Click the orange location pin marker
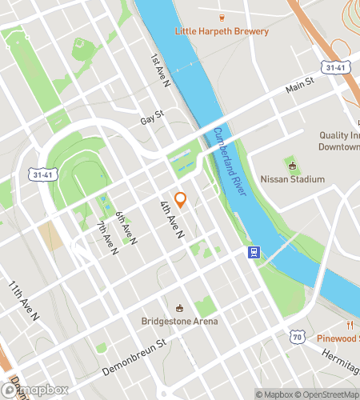click(x=180, y=200)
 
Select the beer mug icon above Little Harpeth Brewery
click(x=223, y=16)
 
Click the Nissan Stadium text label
click(x=293, y=179)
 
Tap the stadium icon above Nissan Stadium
click(x=292, y=166)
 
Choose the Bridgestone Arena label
click(x=180, y=322)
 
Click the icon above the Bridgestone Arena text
click(x=180, y=308)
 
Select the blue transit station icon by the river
click(x=252, y=253)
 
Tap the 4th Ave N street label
click(x=171, y=218)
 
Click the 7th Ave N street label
click(x=107, y=238)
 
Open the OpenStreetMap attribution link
click(x=325, y=394)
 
